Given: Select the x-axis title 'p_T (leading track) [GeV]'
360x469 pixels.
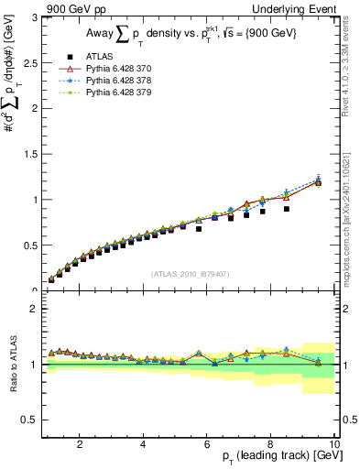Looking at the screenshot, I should [275, 456].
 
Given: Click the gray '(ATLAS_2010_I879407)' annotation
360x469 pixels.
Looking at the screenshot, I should [190, 273].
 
